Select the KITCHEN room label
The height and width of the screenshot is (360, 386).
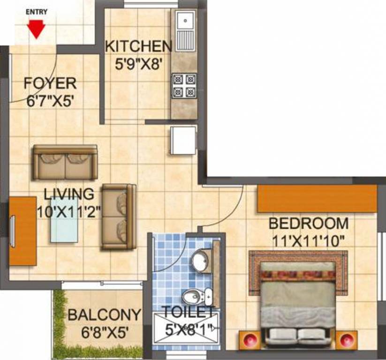click(x=138, y=46)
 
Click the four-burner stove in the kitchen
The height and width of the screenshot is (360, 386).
click(x=183, y=85)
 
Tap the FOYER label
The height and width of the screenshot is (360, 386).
click(x=50, y=83)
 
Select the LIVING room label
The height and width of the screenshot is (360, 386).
click(x=69, y=193)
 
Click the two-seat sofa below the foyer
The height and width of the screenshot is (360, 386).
click(x=65, y=162)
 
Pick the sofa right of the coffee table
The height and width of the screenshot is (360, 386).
click(x=119, y=216)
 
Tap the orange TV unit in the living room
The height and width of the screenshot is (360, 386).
click(x=23, y=231)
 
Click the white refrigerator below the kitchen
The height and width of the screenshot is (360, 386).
click(x=183, y=140)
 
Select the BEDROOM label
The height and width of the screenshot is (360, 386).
click(x=308, y=224)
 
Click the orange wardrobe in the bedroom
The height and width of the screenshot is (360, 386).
click(x=317, y=198)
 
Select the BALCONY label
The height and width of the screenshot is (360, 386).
click(x=104, y=315)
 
